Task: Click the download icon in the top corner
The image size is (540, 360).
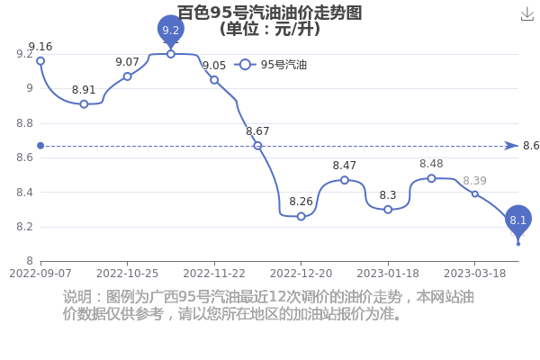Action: point(527,14)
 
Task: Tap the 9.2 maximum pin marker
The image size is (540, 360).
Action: point(171,31)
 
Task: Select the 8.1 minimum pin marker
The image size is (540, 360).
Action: point(518,220)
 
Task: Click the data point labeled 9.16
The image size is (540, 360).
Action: point(40,61)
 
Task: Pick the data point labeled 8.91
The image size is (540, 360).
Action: point(84,104)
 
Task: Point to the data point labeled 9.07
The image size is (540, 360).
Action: point(128,76)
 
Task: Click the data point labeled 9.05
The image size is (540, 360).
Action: point(214,80)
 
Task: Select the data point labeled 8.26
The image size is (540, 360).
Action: point(301,216)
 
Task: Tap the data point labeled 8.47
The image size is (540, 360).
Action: point(345,180)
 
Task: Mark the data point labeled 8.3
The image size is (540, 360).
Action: point(388,210)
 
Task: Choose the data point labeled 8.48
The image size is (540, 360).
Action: point(431,178)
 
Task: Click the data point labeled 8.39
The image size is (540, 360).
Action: point(475,194)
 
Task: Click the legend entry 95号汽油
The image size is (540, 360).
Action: point(270,65)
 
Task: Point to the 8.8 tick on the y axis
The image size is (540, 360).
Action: point(25,123)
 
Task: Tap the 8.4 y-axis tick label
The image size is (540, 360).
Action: point(25,193)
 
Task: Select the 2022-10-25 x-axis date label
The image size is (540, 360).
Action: point(128,274)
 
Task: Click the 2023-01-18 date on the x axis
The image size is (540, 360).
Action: point(388,274)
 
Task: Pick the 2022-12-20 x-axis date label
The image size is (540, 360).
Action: point(301,274)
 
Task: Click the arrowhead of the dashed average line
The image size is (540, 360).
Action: point(511,146)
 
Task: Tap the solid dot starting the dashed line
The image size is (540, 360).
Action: point(40,146)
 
